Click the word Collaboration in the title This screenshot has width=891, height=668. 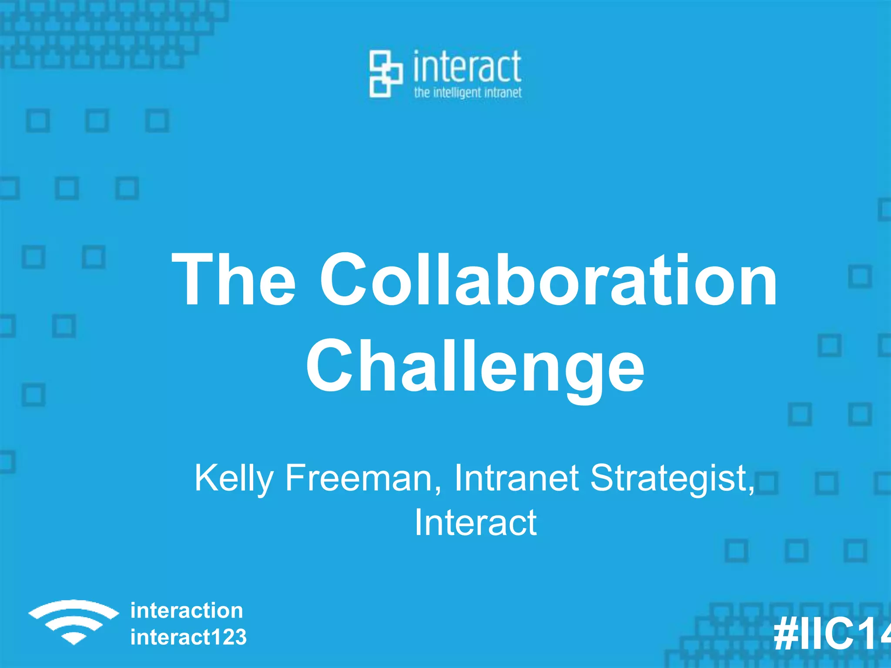tap(548, 280)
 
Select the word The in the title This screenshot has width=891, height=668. tap(234, 280)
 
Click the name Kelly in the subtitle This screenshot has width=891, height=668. tap(234, 478)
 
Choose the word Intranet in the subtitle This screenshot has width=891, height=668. tap(516, 478)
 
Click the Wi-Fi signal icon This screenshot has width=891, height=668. tap(74, 622)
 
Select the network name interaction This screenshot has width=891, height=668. tap(187, 611)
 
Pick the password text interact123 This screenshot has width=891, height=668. tap(188, 637)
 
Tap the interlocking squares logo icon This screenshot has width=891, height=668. tap(385, 73)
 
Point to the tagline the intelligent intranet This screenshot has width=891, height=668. tap(468, 93)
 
